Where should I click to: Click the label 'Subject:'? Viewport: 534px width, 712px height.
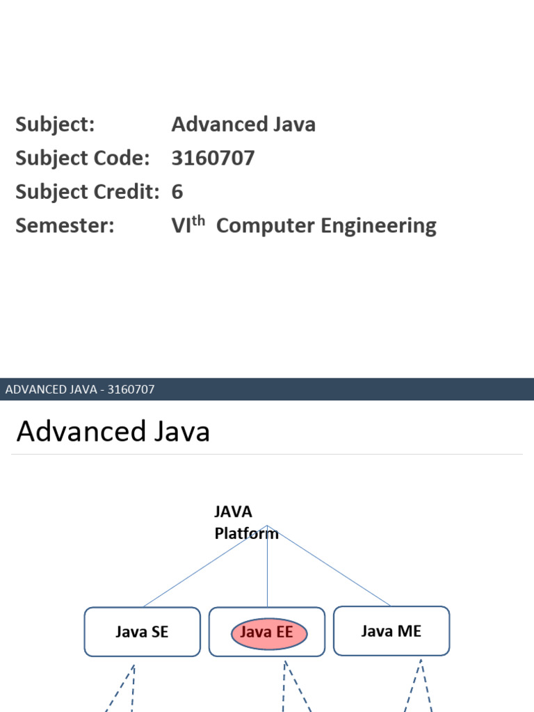[x=55, y=125]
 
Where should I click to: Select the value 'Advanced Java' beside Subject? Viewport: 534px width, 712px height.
[x=243, y=125]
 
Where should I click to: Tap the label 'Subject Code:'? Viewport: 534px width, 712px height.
[x=82, y=159]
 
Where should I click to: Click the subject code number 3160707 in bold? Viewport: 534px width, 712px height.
[x=213, y=159]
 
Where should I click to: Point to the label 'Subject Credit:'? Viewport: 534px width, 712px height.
[x=88, y=192]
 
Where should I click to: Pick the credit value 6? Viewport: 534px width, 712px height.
[x=177, y=192]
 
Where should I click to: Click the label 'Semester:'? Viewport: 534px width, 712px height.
[x=65, y=226]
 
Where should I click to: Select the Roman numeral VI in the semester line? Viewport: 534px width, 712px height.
[x=181, y=226]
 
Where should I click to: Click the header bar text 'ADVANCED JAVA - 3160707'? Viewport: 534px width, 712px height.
[x=80, y=389]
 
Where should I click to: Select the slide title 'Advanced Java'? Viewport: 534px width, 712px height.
[x=113, y=432]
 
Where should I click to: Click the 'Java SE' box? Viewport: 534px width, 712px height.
[x=142, y=632]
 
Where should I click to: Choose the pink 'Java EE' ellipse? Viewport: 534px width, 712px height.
[x=267, y=633]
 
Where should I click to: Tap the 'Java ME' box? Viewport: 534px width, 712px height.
[x=391, y=631]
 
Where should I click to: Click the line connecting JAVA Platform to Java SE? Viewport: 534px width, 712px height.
[x=205, y=566]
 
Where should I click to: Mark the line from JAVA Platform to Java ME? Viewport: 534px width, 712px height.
[x=328, y=565]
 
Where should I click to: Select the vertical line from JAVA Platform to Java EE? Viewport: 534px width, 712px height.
[x=268, y=567]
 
